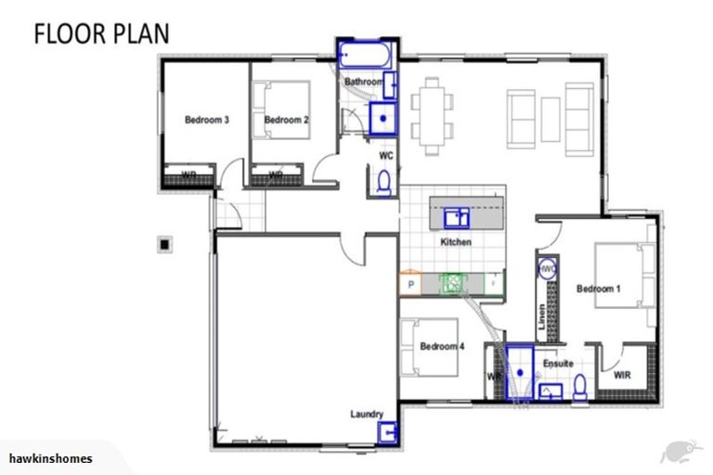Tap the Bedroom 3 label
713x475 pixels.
click(206, 120)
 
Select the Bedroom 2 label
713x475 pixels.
click(285, 120)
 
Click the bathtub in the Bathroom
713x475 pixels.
click(365, 55)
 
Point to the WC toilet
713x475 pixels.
click(384, 183)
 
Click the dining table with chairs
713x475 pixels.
click(434, 113)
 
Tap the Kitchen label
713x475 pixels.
click(455, 242)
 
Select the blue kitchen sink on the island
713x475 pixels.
click(456, 218)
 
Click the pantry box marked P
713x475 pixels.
click(410, 285)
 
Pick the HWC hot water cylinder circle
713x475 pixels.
click(548, 269)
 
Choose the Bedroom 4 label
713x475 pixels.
click(442, 346)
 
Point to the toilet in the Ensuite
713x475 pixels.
click(580, 385)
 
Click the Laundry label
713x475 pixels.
click(367, 414)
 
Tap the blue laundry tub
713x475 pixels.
click(390, 433)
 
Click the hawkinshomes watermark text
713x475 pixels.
click(50, 458)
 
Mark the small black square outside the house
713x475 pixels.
click(164, 244)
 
